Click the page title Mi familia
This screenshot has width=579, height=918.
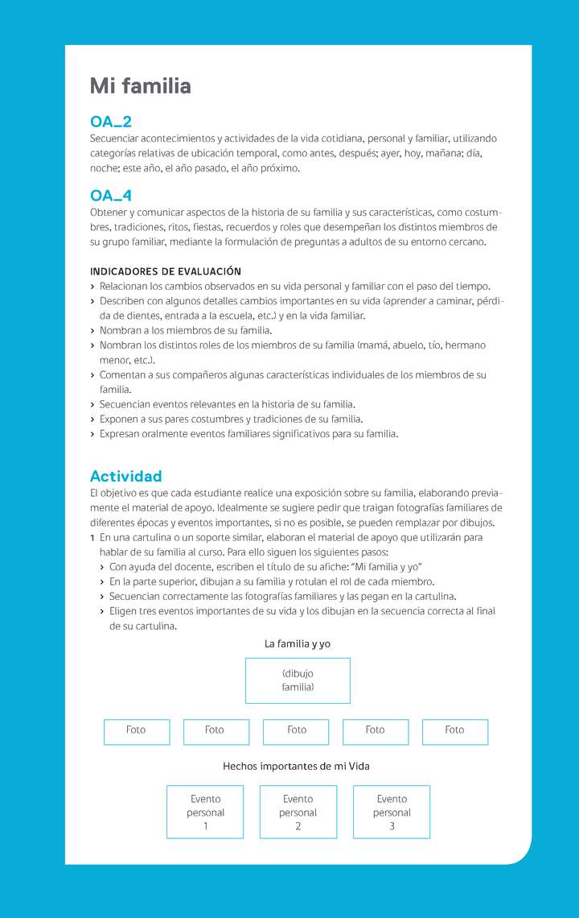140,86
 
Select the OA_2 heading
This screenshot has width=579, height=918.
111,122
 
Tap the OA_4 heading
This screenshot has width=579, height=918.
111,196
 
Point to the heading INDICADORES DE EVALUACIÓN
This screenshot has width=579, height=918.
166,271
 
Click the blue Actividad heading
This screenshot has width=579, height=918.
126,476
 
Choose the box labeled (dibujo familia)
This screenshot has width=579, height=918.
298,680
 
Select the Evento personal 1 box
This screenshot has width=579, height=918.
205,813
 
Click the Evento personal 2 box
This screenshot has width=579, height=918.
298,813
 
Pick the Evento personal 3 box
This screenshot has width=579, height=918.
392,813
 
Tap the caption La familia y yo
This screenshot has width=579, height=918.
298,644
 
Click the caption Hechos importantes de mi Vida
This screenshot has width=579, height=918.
296,767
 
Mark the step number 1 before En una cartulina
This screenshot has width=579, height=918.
92,537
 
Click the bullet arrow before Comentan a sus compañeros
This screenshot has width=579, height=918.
93,375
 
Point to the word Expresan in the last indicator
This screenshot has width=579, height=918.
121,434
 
